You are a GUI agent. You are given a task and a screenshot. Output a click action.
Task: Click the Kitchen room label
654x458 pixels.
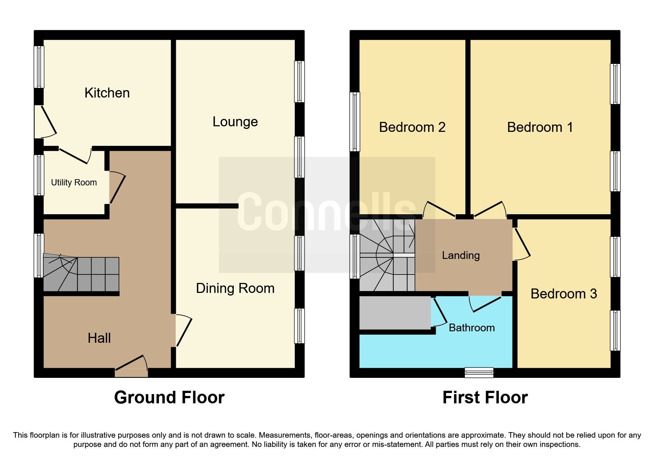(107, 93)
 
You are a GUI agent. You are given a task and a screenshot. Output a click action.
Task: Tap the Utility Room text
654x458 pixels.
(74, 182)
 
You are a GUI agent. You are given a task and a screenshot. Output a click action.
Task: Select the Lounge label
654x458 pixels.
(235, 122)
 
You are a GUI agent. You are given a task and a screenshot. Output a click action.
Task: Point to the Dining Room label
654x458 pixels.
(235, 288)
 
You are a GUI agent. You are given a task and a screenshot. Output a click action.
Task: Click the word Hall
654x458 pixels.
(99, 338)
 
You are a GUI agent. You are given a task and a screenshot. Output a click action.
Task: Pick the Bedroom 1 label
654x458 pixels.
(540, 127)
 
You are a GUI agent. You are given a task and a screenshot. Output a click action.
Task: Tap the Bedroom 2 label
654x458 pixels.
(412, 127)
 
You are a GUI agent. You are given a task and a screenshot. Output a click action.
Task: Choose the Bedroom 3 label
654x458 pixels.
(564, 294)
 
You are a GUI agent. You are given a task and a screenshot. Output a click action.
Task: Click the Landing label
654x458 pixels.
(460, 255)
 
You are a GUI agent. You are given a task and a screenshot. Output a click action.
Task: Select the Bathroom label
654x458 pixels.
(472, 328)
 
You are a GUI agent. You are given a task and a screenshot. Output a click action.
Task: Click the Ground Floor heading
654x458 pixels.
(169, 397)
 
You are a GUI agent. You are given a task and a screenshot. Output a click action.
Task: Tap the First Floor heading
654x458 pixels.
(485, 397)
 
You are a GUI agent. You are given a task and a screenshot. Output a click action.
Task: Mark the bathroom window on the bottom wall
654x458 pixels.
(479, 372)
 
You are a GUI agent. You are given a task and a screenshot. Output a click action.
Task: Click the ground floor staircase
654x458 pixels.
(81, 274)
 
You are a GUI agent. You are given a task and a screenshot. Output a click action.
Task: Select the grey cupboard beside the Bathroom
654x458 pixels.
(395, 312)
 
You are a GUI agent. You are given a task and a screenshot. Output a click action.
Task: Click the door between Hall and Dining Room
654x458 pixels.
(182, 331)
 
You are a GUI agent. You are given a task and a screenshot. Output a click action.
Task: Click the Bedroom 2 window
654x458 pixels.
(355, 122)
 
